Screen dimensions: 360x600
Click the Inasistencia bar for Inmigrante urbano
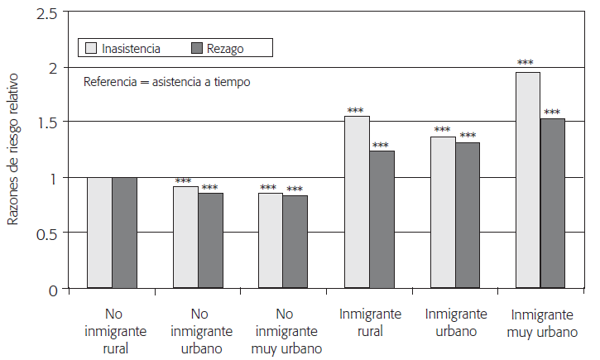click(x=443, y=213)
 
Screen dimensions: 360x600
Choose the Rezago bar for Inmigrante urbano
click(x=468, y=215)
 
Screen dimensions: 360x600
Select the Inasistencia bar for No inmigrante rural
click(x=99, y=233)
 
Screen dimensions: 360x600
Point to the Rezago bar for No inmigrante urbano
click(x=211, y=241)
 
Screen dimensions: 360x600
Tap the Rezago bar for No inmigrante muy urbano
click(x=295, y=242)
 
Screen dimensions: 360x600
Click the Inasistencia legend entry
click(x=124, y=49)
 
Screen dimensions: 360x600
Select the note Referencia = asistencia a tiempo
click(x=166, y=82)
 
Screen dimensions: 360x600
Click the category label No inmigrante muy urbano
click(x=284, y=331)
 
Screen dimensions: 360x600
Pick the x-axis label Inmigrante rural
click(x=370, y=323)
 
